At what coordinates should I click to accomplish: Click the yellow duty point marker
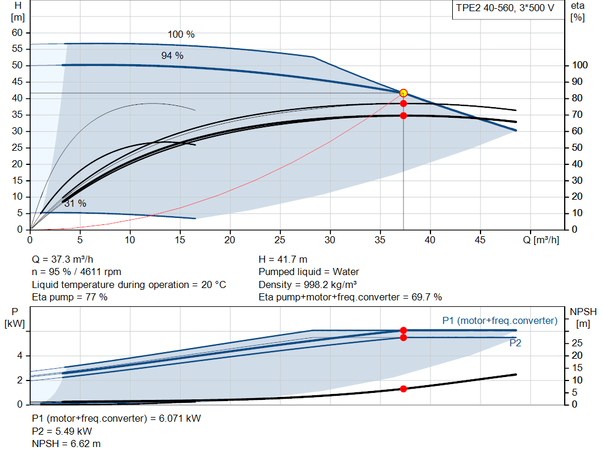point(403,93)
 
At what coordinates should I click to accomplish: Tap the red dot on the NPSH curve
point(403,389)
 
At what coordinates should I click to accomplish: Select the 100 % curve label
point(181,35)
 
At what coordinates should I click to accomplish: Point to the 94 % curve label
point(173,56)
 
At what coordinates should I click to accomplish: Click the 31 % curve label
point(75,203)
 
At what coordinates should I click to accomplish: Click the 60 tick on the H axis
point(17,33)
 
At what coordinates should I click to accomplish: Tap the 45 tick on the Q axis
point(480,240)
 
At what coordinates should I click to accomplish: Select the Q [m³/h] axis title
point(541,240)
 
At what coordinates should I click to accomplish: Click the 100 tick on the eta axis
point(580,65)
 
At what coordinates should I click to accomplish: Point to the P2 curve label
point(515,343)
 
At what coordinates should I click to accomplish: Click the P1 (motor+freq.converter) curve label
point(500,321)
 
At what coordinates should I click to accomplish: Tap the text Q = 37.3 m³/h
point(62,260)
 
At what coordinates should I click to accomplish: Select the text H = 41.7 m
point(283,260)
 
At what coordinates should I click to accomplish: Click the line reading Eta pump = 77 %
point(69,297)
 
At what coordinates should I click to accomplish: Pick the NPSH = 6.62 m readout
point(66,444)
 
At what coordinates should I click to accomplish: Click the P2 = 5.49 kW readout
point(62,431)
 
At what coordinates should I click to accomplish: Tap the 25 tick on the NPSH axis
point(577,343)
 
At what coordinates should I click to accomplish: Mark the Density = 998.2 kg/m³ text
point(307,284)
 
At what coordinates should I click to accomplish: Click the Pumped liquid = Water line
point(309,272)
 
